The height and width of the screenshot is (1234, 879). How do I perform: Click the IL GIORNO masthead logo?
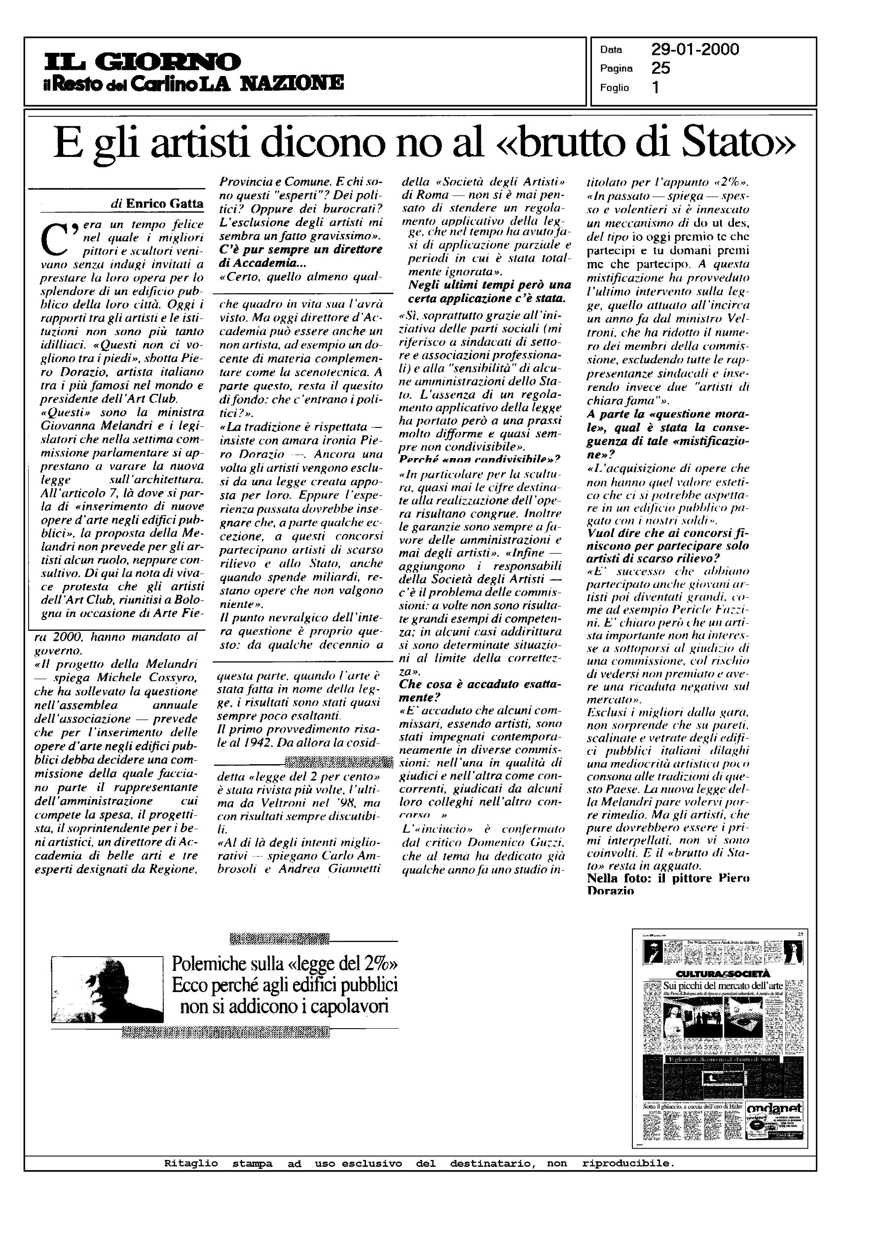(143, 61)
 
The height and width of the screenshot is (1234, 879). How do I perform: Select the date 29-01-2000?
(695, 50)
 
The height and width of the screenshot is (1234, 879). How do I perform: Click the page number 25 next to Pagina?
(661, 68)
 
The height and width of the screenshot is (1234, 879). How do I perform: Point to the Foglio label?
(614, 88)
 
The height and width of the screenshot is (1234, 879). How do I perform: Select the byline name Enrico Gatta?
(165, 203)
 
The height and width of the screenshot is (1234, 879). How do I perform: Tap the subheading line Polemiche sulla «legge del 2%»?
(285, 964)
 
